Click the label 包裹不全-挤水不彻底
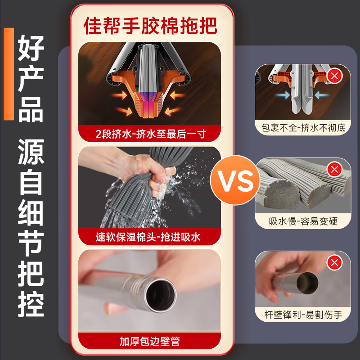303,128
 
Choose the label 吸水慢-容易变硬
303,221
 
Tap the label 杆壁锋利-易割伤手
303,314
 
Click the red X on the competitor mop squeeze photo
334,76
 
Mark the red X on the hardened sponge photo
334,169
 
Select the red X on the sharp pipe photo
334,262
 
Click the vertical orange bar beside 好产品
9,74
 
